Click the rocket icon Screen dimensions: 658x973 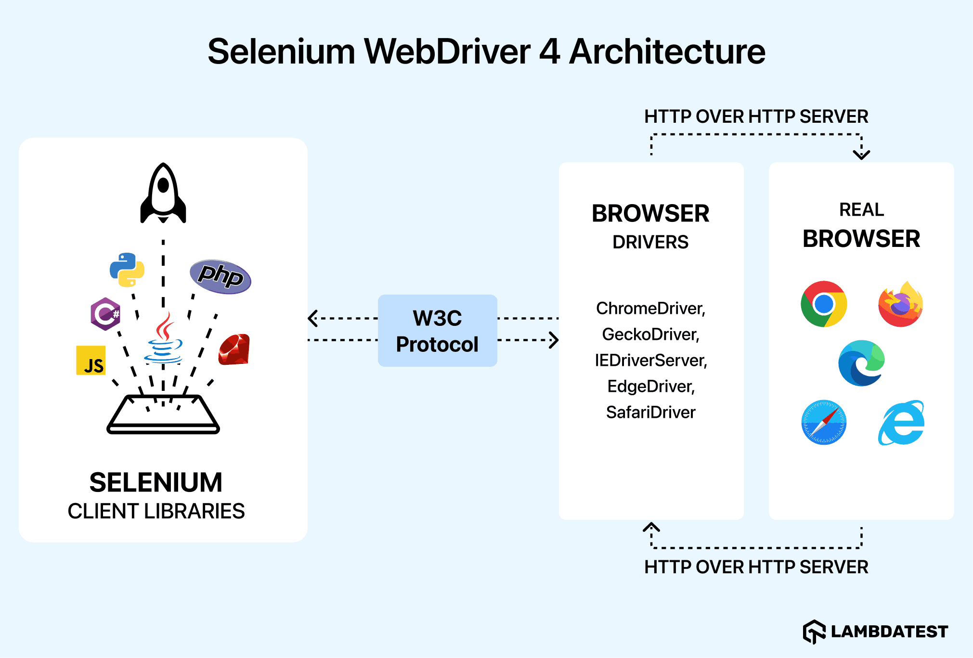pos(163,194)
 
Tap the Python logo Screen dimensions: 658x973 pos(127,270)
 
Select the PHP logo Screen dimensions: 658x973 pos(221,276)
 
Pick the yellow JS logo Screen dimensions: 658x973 pos(91,360)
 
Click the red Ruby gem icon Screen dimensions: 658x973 pos(234,349)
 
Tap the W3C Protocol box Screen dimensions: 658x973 pos(437,331)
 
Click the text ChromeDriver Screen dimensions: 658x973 pos(650,308)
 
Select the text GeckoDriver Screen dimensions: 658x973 pos(650,334)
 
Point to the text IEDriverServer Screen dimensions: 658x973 pos(650,360)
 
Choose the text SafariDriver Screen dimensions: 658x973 pos(650,412)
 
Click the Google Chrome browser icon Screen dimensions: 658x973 pos(824,304)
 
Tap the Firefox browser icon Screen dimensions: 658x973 pos(900,304)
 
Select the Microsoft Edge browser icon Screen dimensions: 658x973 pos(861,363)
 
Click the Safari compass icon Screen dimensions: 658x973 pos(824,422)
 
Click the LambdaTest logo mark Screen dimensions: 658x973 pos(814,631)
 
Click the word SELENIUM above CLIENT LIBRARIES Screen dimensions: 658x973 pos(156,482)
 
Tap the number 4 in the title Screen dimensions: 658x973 pos(549,52)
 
